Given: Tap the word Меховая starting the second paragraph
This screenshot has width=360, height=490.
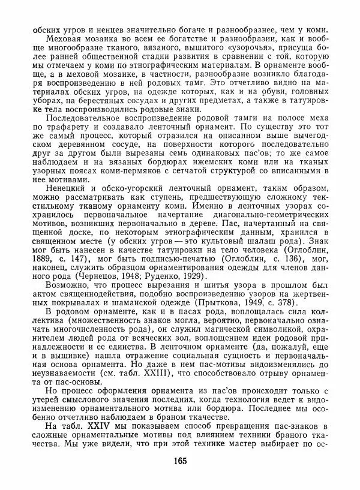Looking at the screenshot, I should (55, 37).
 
